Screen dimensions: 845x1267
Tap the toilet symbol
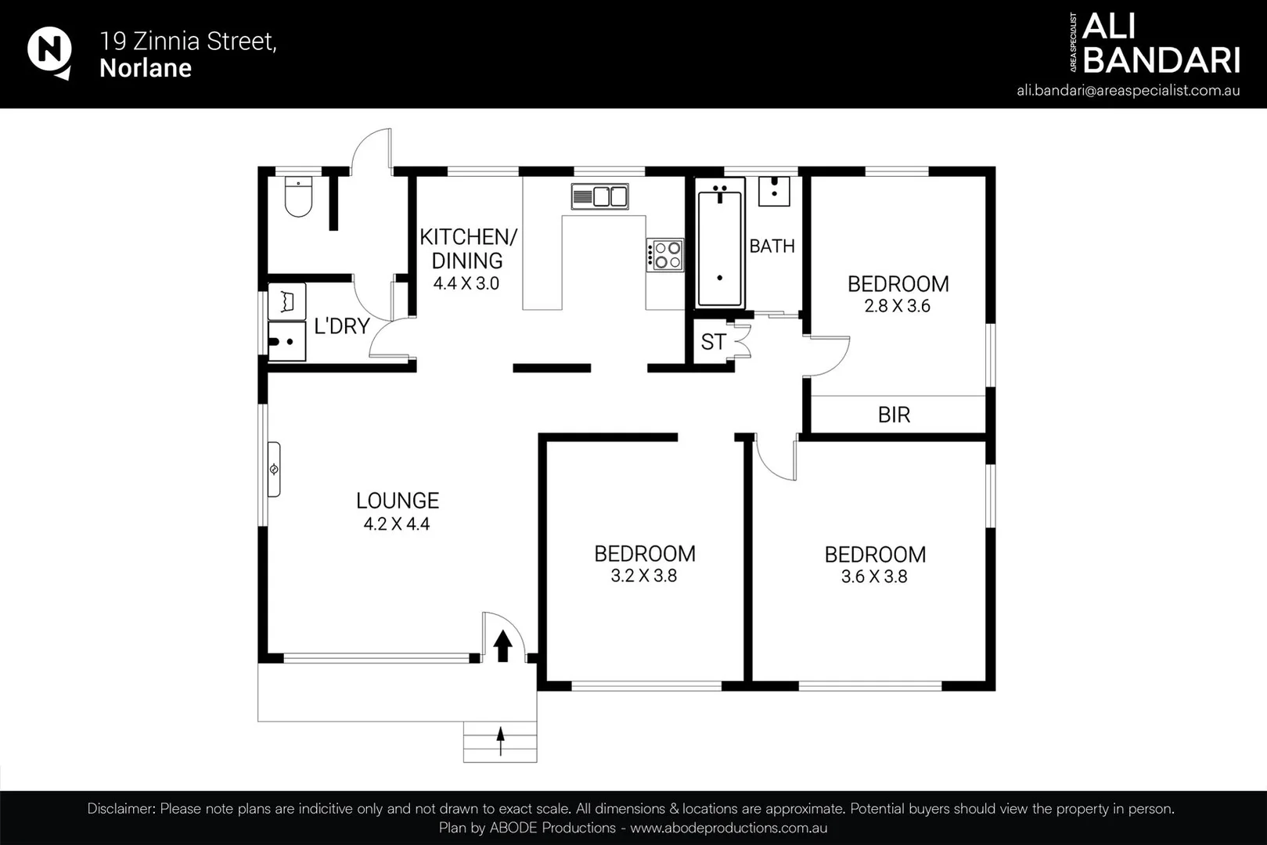pos(298,197)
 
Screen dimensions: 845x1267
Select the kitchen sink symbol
pos(599,196)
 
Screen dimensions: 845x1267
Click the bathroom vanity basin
pos(774,191)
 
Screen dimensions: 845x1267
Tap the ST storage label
pos(713,342)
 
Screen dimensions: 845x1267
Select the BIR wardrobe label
pos(894,415)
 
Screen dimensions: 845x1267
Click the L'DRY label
pos(342,326)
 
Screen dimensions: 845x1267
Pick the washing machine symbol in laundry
pos(286,301)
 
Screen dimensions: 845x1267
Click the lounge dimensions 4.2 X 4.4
pos(397,524)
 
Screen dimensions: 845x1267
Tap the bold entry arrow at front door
pos(503,645)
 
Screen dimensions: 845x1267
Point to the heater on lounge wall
pos(274,469)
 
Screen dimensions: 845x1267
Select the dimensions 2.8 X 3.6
pos(897,307)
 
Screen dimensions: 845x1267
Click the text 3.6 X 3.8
pos(874,577)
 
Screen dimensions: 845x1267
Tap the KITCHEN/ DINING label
pos(468,248)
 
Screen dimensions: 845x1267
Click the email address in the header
pos(1128,90)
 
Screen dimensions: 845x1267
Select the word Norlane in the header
pos(146,68)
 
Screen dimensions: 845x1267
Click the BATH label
pos(772,246)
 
